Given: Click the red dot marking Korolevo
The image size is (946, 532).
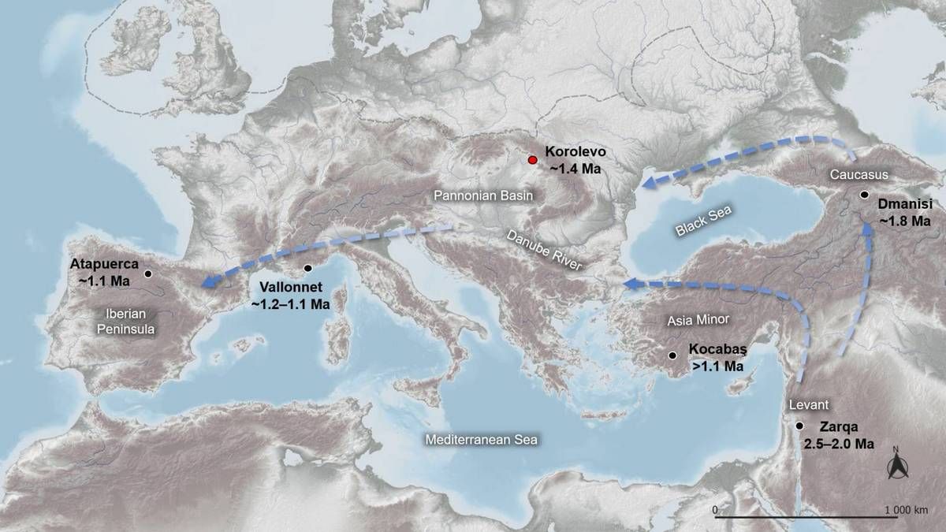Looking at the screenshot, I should pos(533,160).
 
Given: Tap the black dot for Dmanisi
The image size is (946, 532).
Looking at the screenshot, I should pos(865,194).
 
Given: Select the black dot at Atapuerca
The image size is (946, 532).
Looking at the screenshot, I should pos(147,274).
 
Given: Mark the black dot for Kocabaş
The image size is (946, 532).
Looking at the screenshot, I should pos(672,356).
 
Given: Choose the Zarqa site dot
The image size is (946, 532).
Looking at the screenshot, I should pos(799,426).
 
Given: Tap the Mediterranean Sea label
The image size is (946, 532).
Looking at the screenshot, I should pos(480,440).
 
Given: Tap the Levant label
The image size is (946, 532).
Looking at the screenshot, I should pos(810,405).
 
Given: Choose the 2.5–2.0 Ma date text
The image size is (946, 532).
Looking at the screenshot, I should pos(839,445).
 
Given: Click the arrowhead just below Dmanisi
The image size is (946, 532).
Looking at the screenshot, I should pos(869,227).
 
